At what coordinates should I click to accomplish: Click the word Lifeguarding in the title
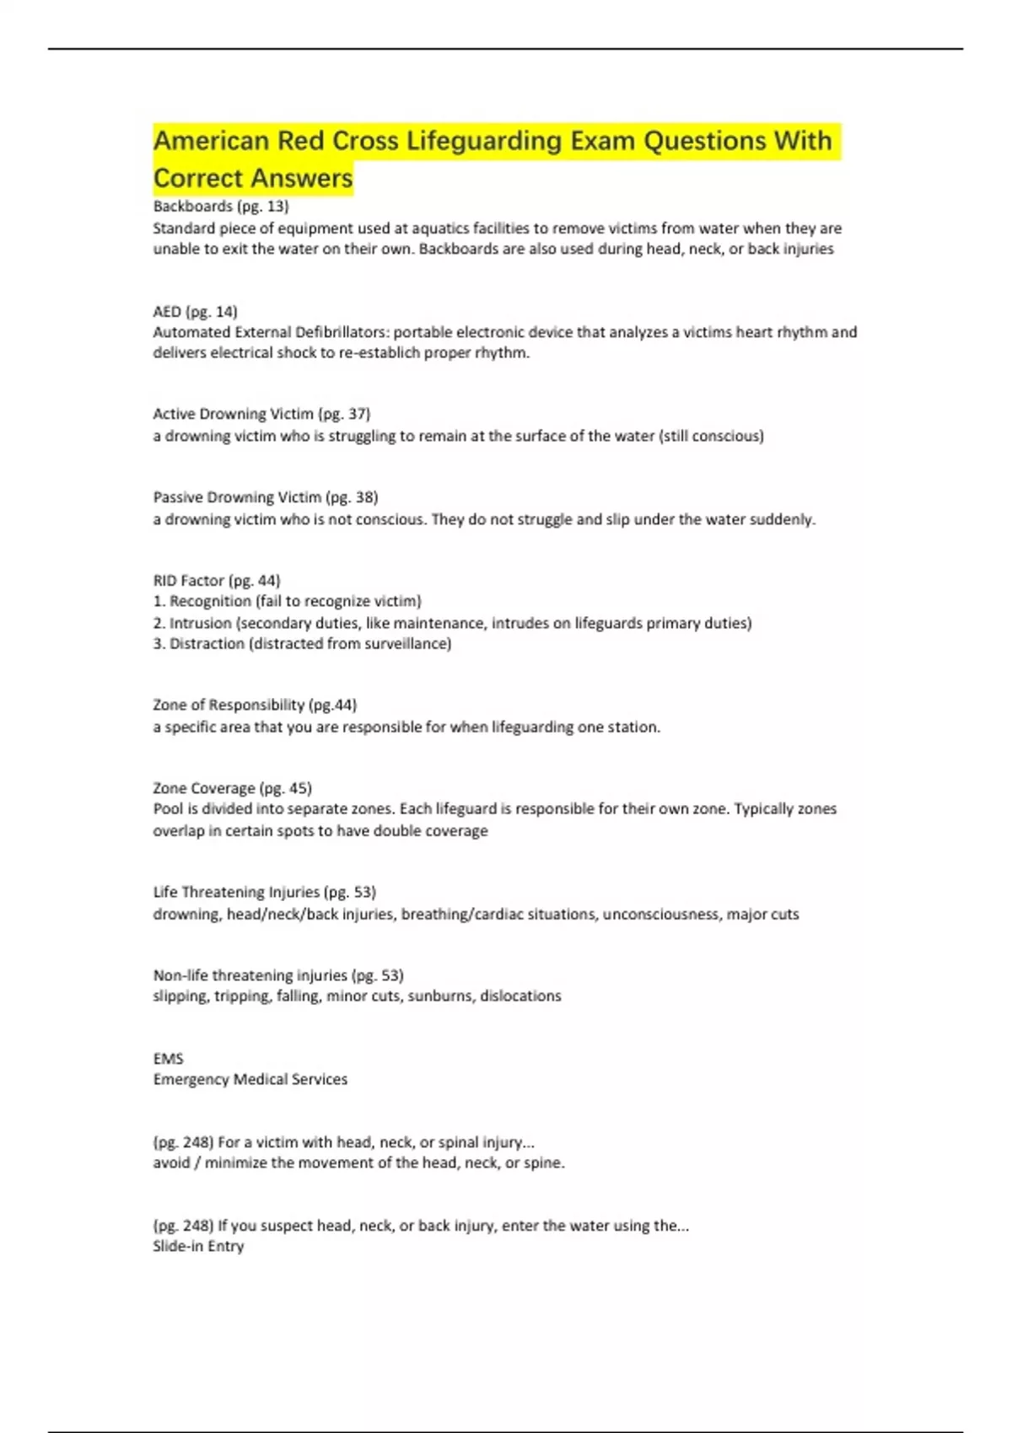[484, 141]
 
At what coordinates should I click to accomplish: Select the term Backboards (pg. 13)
[221, 207]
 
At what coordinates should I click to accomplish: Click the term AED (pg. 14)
[195, 311]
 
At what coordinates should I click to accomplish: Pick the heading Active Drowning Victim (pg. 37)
[261, 414]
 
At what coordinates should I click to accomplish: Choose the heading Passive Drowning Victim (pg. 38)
[265, 497]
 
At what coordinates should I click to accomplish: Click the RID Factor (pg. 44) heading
[217, 581]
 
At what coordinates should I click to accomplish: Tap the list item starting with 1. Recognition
[287, 601]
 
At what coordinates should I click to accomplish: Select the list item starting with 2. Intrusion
[452, 623]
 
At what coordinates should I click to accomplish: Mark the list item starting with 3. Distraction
[302, 644]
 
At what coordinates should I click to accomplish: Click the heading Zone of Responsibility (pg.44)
[255, 705]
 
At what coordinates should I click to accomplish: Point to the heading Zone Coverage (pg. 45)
[232, 788]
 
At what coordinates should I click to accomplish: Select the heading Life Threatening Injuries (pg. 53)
[264, 892]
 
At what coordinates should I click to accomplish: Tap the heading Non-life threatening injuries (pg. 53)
[278, 975]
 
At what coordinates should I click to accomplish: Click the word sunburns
[440, 996]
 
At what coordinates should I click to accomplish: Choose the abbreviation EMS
[168, 1059]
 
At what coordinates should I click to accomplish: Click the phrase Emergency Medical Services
[250, 1079]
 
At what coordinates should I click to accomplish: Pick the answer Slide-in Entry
[198, 1246]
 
